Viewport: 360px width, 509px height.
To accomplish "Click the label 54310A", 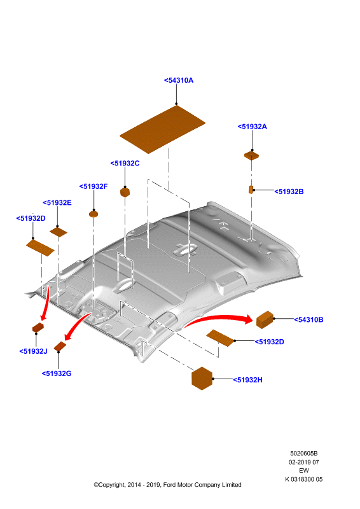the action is pos(179,80).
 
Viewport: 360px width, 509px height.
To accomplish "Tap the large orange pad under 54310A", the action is pos(162,129).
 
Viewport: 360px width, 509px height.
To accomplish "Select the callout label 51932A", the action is pos(253,127).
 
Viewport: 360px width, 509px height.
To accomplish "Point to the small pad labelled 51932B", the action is pos(251,190).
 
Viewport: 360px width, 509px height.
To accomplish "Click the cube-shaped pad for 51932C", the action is pos(125,192).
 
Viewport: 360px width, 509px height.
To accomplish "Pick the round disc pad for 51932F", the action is pos(93,214).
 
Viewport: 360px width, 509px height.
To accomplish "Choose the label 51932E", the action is pos(57,202).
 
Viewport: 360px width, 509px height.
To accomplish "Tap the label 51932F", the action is pos(93,186).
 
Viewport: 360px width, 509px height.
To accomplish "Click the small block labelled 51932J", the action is pos(38,328).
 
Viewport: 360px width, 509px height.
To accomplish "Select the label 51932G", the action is pos(57,373).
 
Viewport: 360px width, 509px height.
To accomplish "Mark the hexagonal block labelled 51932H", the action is pos(202,378).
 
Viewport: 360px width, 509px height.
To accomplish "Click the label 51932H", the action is pos(247,380).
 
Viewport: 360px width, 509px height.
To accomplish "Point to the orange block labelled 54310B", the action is pos(265,320).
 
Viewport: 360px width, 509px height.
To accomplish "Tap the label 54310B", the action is pos(308,320).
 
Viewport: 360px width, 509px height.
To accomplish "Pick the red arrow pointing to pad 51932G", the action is pos(77,324).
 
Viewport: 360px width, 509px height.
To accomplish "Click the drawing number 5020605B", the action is pos(304,453).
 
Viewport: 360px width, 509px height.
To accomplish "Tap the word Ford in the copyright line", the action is pos(169,485).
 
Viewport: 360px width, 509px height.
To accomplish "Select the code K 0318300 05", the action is pos(304,479).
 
